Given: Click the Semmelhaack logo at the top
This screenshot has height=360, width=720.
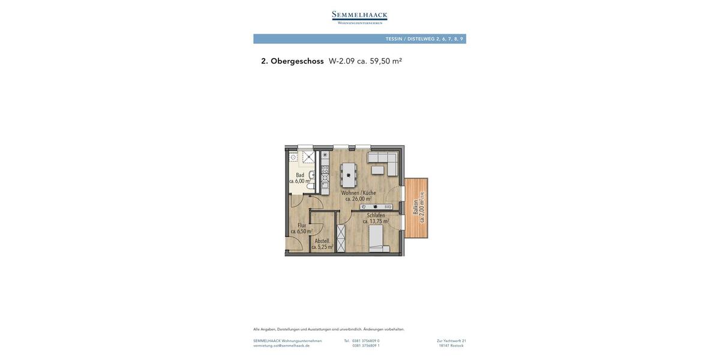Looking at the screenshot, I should click(x=359, y=17).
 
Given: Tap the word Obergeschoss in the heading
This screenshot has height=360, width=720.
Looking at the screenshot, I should click(x=297, y=61).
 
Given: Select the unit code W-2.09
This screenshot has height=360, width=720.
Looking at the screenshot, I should click(x=342, y=61).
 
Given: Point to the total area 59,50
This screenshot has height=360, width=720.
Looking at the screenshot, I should click(x=380, y=61).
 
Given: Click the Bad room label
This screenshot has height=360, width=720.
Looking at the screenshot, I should click(x=300, y=175).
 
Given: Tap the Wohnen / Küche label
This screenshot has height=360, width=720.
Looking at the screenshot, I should click(x=359, y=193).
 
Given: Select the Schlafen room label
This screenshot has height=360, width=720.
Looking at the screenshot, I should click(x=376, y=215).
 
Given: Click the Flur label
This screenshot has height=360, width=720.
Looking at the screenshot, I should click(x=302, y=226).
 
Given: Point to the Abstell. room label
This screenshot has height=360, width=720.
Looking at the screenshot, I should click(x=322, y=241).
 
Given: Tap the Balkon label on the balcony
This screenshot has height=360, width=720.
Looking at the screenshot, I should click(x=415, y=207).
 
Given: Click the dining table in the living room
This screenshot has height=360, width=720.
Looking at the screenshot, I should click(x=349, y=175).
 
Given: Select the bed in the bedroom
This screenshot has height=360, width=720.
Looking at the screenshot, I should click(x=379, y=238).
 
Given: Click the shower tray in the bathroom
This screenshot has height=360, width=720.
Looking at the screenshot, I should click(x=308, y=157).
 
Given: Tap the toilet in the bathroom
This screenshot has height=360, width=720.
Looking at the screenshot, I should click(x=311, y=186).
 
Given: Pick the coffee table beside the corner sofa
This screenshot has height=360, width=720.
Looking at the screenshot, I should click(x=377, y=170).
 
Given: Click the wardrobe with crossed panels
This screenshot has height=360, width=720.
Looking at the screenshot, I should click(x=341, y=238).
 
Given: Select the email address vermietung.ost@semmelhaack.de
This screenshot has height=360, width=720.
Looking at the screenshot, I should click(x=281, y=346).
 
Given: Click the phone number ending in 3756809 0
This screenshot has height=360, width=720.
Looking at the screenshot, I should click(x=366, y=341).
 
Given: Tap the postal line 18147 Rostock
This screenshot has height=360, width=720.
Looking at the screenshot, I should click(x=451, y=346).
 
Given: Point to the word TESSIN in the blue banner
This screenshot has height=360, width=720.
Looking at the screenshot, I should click(x=394, y=39).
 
